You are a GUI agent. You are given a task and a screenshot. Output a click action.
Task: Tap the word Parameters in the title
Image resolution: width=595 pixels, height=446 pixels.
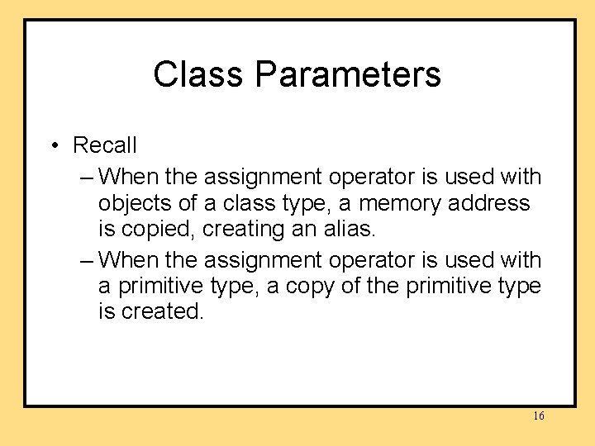pyautogui.click(x=348, y=74)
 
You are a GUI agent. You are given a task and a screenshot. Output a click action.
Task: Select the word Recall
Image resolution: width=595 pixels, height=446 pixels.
pyautogui.click(x=105, y=145)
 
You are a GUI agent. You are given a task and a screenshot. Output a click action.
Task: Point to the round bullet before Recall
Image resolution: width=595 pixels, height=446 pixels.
pyautogui.click(x=52, y=146)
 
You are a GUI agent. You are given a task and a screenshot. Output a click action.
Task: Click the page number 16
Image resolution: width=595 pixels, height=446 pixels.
pyautogui.click(x=538, y=416)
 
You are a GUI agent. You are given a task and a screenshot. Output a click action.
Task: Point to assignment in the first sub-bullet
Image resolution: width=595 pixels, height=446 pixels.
pyautogui.click(x=264, y=177)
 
